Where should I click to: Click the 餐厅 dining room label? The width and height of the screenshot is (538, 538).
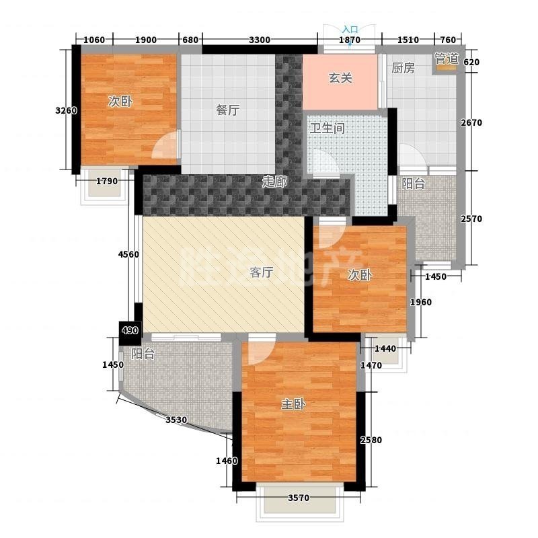click(228, 110)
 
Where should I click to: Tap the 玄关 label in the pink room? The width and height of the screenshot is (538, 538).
click(340, 78)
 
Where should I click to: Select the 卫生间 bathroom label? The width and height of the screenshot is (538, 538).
click(327, 128)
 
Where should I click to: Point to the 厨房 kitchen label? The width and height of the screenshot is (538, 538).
click(403, 68)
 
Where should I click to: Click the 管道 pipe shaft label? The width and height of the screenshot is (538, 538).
click(447, 59)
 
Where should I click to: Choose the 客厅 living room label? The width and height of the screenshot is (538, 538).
click(262, 272)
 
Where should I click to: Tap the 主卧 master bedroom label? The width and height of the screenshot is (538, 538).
click(293, 404)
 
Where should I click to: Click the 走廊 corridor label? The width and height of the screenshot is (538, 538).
click(274, 182)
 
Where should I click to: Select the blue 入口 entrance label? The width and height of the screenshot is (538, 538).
click(350, 30)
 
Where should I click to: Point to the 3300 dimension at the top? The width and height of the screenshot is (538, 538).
click(260, 40)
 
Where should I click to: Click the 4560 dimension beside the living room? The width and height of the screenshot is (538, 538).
click(128, 254)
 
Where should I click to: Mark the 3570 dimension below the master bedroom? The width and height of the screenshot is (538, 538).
click(299, 498)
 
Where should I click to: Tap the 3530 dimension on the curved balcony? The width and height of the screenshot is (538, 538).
click(176, 420)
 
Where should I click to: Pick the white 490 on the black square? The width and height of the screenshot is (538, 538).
click(130, 330)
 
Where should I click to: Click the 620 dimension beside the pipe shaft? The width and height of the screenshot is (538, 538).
click(471, 62)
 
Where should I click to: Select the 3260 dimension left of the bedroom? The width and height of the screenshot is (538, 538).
click(66, 110)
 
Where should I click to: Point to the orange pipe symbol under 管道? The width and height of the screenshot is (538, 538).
click(446, 69)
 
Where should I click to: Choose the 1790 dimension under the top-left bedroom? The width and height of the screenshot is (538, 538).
click(107, 181)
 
